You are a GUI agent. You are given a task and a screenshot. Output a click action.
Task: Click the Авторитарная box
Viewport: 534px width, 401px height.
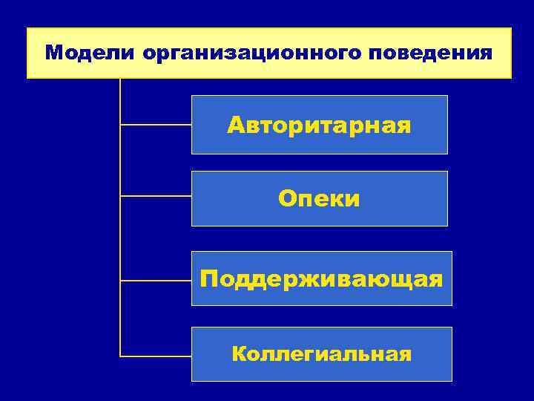click(x=319, y=124)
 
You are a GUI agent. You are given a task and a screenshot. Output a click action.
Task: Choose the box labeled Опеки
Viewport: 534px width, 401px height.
click(x=319, y=198)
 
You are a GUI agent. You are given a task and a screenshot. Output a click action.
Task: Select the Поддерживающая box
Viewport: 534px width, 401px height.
click(x=321, y=278)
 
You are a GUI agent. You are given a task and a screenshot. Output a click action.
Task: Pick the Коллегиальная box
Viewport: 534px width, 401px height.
click(x=321, y=354)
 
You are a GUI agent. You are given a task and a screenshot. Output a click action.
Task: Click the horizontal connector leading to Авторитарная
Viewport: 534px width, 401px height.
click(x=156, y=125)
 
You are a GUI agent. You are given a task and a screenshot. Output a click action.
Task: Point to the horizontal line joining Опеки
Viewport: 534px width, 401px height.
click(x=156, y=197)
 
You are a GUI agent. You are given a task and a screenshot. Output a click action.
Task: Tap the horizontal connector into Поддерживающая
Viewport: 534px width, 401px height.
click(x=156, y=281)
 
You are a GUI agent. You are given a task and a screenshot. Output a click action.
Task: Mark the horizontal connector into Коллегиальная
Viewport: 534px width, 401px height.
click(x=156, y=356)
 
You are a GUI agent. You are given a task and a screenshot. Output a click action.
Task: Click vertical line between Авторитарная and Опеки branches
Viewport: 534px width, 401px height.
click(x=120, y=160)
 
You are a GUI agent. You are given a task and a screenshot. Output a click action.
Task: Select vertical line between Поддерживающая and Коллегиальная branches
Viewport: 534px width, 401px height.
click(x=120, y=318)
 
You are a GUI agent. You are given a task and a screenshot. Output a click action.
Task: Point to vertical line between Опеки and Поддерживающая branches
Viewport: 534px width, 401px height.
click(x=120, y=238)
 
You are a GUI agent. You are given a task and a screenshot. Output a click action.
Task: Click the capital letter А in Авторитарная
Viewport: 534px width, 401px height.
click(x=237, y=124)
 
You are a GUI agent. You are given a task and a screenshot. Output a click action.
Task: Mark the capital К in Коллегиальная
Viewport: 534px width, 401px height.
click(x=239, y=354)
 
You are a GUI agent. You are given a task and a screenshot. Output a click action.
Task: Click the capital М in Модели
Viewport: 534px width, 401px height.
click(x=53, y=53)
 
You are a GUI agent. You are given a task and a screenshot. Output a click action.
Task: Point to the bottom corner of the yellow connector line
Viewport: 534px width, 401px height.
click(x=120, y=356)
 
